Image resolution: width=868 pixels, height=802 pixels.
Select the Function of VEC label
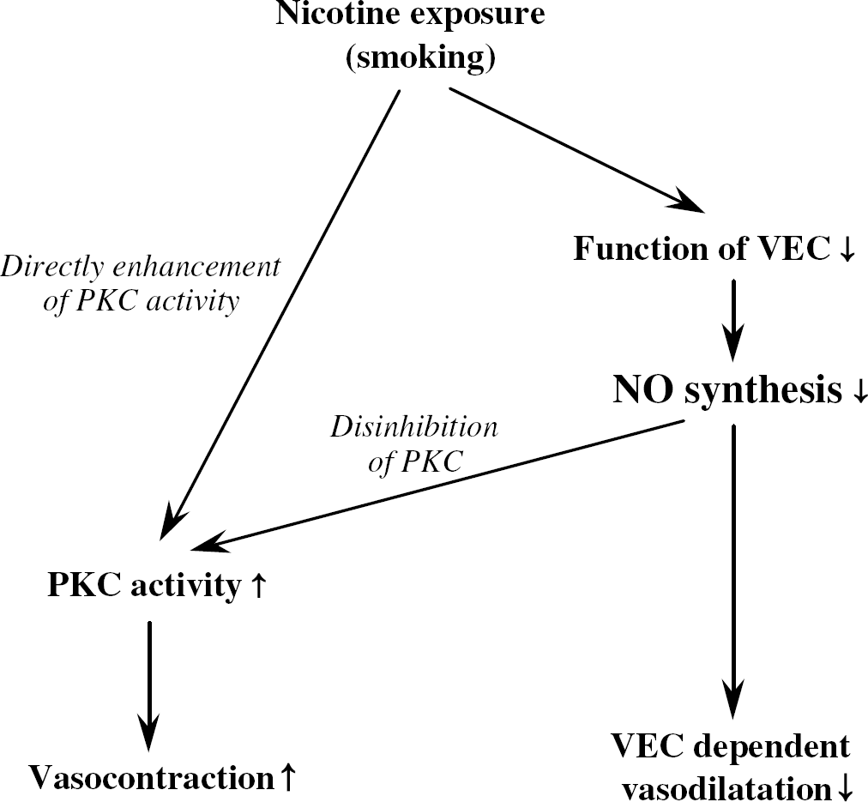[x=702, y=248]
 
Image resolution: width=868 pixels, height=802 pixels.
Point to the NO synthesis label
[x=727, y=389]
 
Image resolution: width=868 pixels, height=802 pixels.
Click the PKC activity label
[x=144, y=585]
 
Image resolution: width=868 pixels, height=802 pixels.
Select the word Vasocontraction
[x=152, y=777]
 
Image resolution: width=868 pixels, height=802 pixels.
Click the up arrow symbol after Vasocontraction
[x=288, y=776]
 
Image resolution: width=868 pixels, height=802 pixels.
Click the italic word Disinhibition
[x=414, y=427]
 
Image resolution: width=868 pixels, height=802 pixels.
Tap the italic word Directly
[x=52, y=268]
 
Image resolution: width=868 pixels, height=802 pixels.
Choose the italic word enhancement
[x=196, y=268]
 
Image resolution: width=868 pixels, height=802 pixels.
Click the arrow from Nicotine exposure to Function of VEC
[x=576, y=150]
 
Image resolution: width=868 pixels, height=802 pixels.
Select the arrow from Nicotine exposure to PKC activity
[x=280, y=315]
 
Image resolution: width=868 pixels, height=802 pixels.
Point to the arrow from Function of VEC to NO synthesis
[x=733, y=321]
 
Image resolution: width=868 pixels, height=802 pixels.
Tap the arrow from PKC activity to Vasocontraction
[x=149, y=686]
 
